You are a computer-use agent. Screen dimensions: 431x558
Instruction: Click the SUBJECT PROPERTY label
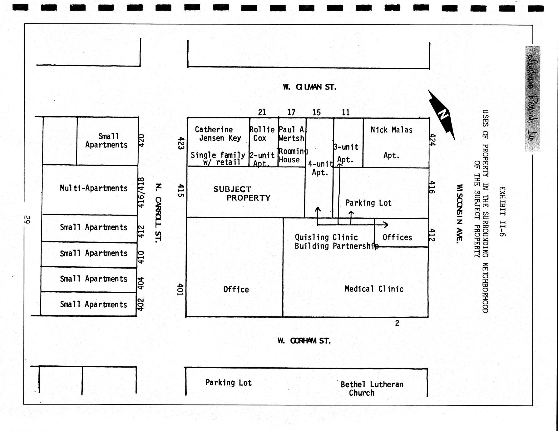point(242,194)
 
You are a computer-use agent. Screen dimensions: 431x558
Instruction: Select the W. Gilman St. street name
point(309,87)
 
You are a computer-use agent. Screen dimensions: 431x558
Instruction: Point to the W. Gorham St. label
point(304,341)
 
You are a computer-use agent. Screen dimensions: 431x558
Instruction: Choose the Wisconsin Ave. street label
point(459,214)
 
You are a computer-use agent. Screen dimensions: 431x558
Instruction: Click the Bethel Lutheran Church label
point(372,389)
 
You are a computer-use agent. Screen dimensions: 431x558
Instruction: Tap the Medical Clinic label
point(374,289)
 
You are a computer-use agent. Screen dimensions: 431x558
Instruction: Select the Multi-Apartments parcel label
point(94,188)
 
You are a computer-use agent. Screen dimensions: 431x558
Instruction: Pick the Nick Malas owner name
point(391,130)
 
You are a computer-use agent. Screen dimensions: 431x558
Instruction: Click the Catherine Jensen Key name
point(218,134)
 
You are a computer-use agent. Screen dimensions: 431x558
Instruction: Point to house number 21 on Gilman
point(262,112)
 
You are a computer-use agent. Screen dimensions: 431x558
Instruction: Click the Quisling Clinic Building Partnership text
point(336,242)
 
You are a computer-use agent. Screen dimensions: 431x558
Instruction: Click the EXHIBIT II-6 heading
point(502,211)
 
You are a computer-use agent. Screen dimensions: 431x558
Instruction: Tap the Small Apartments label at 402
point(93,304)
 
